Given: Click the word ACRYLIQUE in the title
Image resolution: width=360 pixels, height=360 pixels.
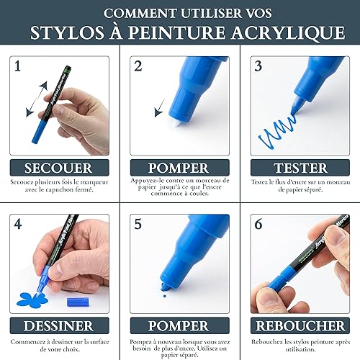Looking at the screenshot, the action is (x=288, y=32).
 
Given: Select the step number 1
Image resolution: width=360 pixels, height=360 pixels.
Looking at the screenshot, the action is (x=17, y=66).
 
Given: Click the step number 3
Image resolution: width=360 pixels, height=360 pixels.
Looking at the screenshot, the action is (x=258, y=66).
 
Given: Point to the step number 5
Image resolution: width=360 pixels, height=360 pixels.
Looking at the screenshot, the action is (x=138, y=224).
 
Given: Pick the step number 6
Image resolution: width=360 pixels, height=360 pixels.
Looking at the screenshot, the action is (x=258, y=224).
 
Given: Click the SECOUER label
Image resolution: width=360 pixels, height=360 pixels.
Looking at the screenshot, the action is (x=58, y=168).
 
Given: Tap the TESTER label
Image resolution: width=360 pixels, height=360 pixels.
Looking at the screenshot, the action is (x=300, y=168).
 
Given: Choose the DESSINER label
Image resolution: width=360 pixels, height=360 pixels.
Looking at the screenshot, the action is (x=58, y=326).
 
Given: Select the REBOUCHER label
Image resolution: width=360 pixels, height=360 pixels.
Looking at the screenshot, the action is (x=300, y=326).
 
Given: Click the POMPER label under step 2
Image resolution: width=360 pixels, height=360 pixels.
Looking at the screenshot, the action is (x=179, y=168).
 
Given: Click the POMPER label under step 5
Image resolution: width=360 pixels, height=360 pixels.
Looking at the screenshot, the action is (x=179, y=326).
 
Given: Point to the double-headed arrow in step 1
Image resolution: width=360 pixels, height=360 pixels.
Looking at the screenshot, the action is (x=37, y=99).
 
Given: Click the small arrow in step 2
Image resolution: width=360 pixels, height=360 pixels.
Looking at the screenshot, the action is (x=160, y=107).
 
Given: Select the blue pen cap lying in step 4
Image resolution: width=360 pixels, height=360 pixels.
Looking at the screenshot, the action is (x=78, y=302).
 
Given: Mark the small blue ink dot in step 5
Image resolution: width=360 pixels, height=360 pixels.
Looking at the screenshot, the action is (x=164, y=296).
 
